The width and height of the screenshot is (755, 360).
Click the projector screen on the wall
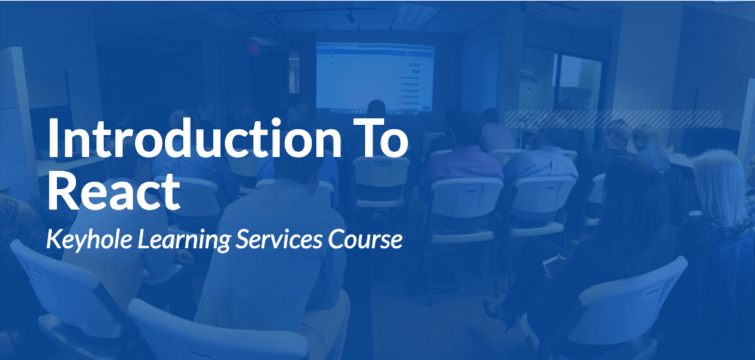click(375, 77)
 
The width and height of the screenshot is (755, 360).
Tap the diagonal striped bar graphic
click(613, 119)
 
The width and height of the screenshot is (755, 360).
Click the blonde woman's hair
click(721, 185)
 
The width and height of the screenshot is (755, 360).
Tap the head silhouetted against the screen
click(376, 109)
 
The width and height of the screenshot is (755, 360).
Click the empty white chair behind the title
click(380, 183)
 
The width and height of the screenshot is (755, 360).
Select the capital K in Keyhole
click(56, 240)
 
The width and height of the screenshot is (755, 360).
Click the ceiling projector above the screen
click(350, 17)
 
